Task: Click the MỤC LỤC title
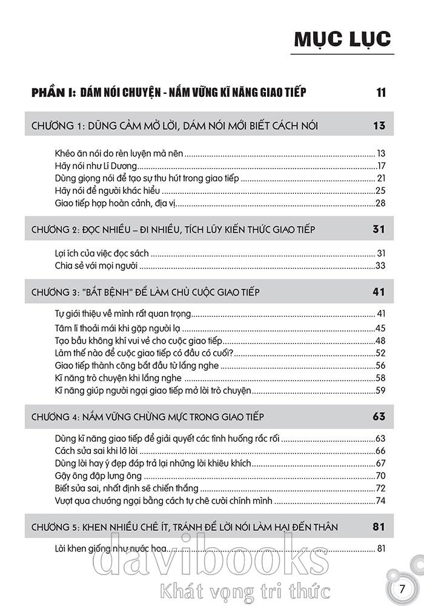click(342, 39)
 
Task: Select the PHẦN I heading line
click(169, 93)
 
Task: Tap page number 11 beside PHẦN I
click(380, 93)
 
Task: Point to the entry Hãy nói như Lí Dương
click(96, 165)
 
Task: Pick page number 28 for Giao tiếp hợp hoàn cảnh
click(380, 202)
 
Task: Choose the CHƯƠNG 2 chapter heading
click(172, 229)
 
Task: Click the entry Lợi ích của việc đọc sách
click(98, 253)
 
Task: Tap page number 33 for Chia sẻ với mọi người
click(380, 265)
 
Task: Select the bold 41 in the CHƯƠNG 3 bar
click(379, 292)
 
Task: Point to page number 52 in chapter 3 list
click(380, 353)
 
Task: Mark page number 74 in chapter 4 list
click(380, 501)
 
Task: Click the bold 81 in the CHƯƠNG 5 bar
click(379, 527)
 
